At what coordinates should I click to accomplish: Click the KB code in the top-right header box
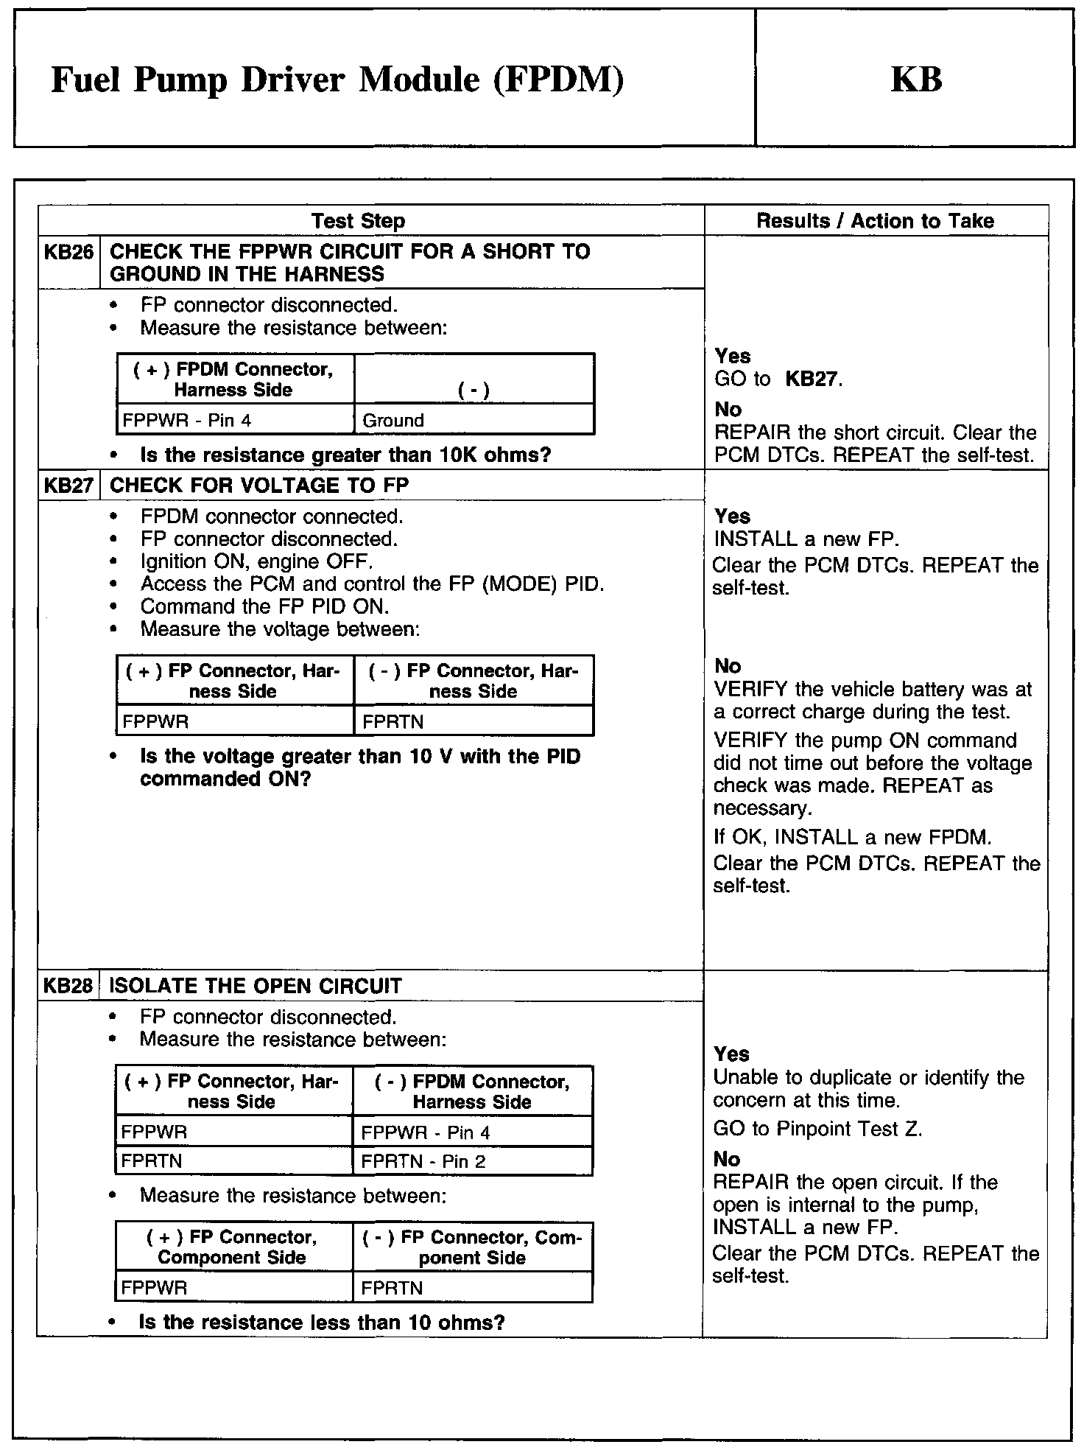pos(916,79)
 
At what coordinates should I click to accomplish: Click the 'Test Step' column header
pos(358,221)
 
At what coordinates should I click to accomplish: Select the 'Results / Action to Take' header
pos(876,221)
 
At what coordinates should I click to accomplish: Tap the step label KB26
pos(68,252)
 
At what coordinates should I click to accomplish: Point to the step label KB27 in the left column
pos(68,486)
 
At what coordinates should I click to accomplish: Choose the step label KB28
pos(68,986)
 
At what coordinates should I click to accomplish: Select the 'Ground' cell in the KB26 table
pos(393,421)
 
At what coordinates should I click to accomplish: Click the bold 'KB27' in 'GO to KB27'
pos(812,379)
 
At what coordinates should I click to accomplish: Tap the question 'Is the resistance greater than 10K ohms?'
pos(345,455)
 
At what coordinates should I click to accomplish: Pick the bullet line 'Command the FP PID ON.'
pos(264,606)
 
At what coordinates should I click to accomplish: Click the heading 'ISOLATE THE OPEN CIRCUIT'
pos(256,986)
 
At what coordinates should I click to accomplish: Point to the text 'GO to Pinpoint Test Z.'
pos(817,1129)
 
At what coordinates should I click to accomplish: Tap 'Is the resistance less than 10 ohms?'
pos(322,1323)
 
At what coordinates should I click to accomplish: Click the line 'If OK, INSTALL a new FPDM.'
pos(853,837)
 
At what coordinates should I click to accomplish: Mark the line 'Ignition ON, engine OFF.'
pos(256,561)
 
